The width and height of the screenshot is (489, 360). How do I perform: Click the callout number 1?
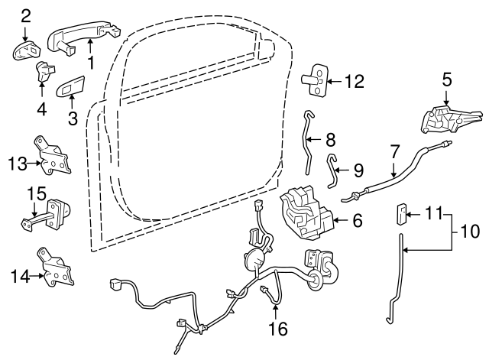pyautogui.click(x=91, y=63)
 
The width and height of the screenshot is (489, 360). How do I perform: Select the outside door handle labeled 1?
pyautogui.click(x=83, y=37)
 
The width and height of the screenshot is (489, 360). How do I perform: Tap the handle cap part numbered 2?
pyautogui.click(x=27, y=50)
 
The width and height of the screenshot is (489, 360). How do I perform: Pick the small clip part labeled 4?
pyautogui.click(x=44, y=71)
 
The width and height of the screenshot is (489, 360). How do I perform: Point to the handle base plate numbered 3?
pyautogui.click(x=70, y=86)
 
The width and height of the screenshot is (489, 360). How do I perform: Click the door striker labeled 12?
pyautogui.click(x=314, y=80)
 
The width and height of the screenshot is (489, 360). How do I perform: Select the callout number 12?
pyautogui.click(x=355, y=81)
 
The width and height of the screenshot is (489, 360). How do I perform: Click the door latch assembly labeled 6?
pyautogui.click(x=307, y=212)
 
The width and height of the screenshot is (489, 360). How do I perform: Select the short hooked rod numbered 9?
pyautogui.click(x=332, y=170)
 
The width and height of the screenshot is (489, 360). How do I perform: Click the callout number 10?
pyautogui.click(x=470, y=231)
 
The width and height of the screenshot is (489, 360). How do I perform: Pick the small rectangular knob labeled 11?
pyautogui.click(x=400, y=214)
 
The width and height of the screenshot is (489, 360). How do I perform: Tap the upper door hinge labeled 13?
pyautogui.click(x=52, y=155)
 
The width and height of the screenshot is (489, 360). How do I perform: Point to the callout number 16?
pyautogui.click(x=278, y=329)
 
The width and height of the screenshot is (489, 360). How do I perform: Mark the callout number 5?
pyautogui.click(x=446, y=79)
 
